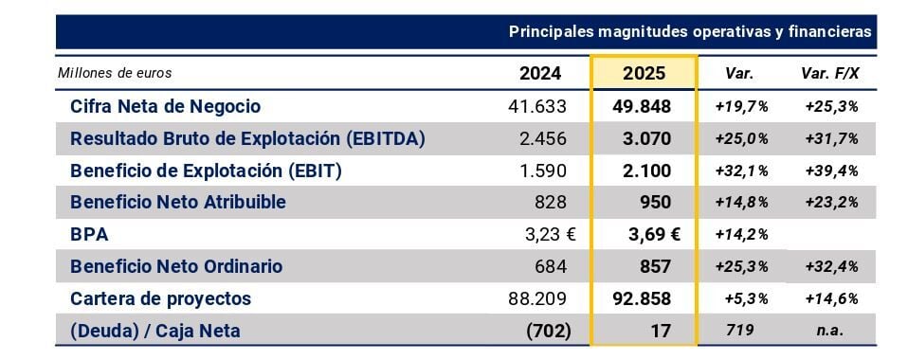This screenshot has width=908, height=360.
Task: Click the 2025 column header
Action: pos(644,74)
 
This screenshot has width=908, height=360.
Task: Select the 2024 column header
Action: pos(539,74)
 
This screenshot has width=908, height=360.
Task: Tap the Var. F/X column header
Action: pos(830,74)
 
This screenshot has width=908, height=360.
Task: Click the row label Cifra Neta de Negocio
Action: pos(165,106)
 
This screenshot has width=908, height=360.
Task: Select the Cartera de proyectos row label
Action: pos(160,298)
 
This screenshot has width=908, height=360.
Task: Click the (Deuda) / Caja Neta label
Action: pos(155,331)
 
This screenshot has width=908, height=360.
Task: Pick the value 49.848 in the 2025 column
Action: pos(643,106)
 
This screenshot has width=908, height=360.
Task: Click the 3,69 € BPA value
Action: pos(654,235)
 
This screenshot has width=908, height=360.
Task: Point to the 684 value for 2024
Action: pos(553,267)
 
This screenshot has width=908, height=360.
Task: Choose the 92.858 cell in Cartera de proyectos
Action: pos(642,298)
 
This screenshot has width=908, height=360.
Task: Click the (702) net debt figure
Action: pos(549,331)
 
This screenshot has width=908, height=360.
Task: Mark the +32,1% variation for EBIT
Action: pos(742,171)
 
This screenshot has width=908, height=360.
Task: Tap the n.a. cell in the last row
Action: pos(830,331)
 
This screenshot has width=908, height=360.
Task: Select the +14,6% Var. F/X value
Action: pos(831,299)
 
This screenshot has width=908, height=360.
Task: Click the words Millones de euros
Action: pos(115,74)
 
